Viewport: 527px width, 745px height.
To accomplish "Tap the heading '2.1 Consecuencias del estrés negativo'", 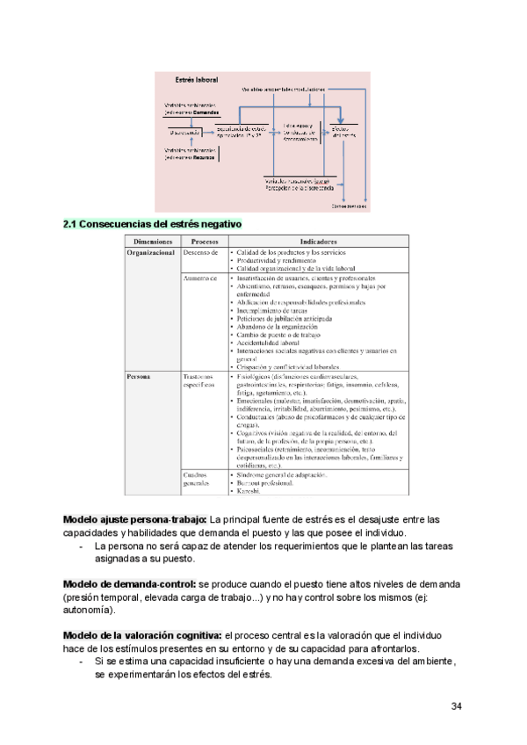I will click(x=151, y=224).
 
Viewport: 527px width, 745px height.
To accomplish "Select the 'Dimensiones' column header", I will click(x=153, y=241).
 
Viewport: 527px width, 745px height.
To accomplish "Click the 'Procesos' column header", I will click(x=204, y=241).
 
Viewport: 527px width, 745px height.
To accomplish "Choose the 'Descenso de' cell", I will click(x=200, y=252).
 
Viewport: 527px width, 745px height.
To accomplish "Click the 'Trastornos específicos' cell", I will click(x=199, y=381).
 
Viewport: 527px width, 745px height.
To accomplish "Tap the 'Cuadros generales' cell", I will click(x=199, y=479).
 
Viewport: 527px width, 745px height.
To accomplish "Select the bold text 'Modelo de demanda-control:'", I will click(x=131, y=584).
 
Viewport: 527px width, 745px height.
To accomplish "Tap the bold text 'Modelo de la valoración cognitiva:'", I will click(x=143, y=635).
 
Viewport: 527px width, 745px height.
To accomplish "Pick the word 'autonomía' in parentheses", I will click(x=89, y=610).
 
